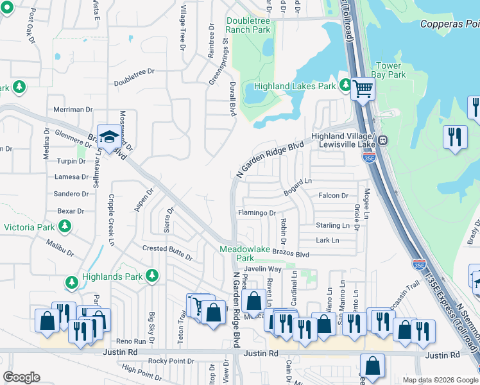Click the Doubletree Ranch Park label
pos(248,25)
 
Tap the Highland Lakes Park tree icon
pos(347,85)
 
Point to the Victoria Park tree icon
pos(64,227)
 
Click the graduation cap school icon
pos(109,135)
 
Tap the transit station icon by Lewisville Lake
pos(382,140)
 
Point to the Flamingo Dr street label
pos(257,213)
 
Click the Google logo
pos(21,377)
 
